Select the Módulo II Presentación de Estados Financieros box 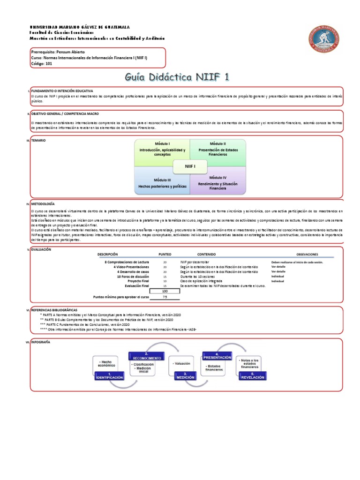tap(217, 150)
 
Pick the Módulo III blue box tap(162, 183)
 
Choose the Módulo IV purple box tap(217, 183)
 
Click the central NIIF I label tap(190, 166)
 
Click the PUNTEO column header tap(165, 254)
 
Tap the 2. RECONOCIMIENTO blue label tap(146, 356)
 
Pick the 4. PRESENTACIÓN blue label tap(217, 356)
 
